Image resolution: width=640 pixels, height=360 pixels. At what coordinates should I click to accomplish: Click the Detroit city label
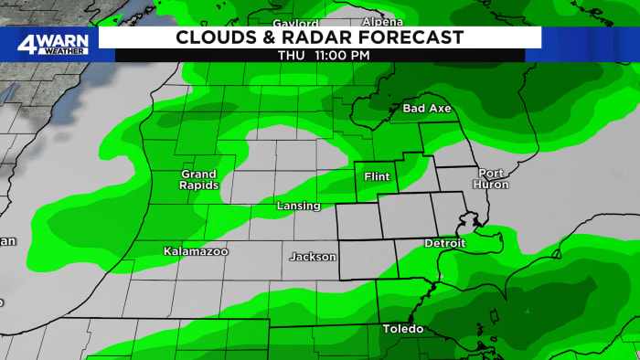445,243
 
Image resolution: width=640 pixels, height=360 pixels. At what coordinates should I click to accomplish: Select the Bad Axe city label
427,109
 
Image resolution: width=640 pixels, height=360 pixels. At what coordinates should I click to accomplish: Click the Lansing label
298,206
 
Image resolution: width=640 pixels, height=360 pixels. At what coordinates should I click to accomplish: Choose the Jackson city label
313,257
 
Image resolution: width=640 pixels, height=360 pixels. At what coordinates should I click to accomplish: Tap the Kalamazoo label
196,250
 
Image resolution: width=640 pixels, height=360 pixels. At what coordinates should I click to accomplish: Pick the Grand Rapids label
198,179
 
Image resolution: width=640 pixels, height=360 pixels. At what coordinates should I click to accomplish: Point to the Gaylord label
296,23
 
